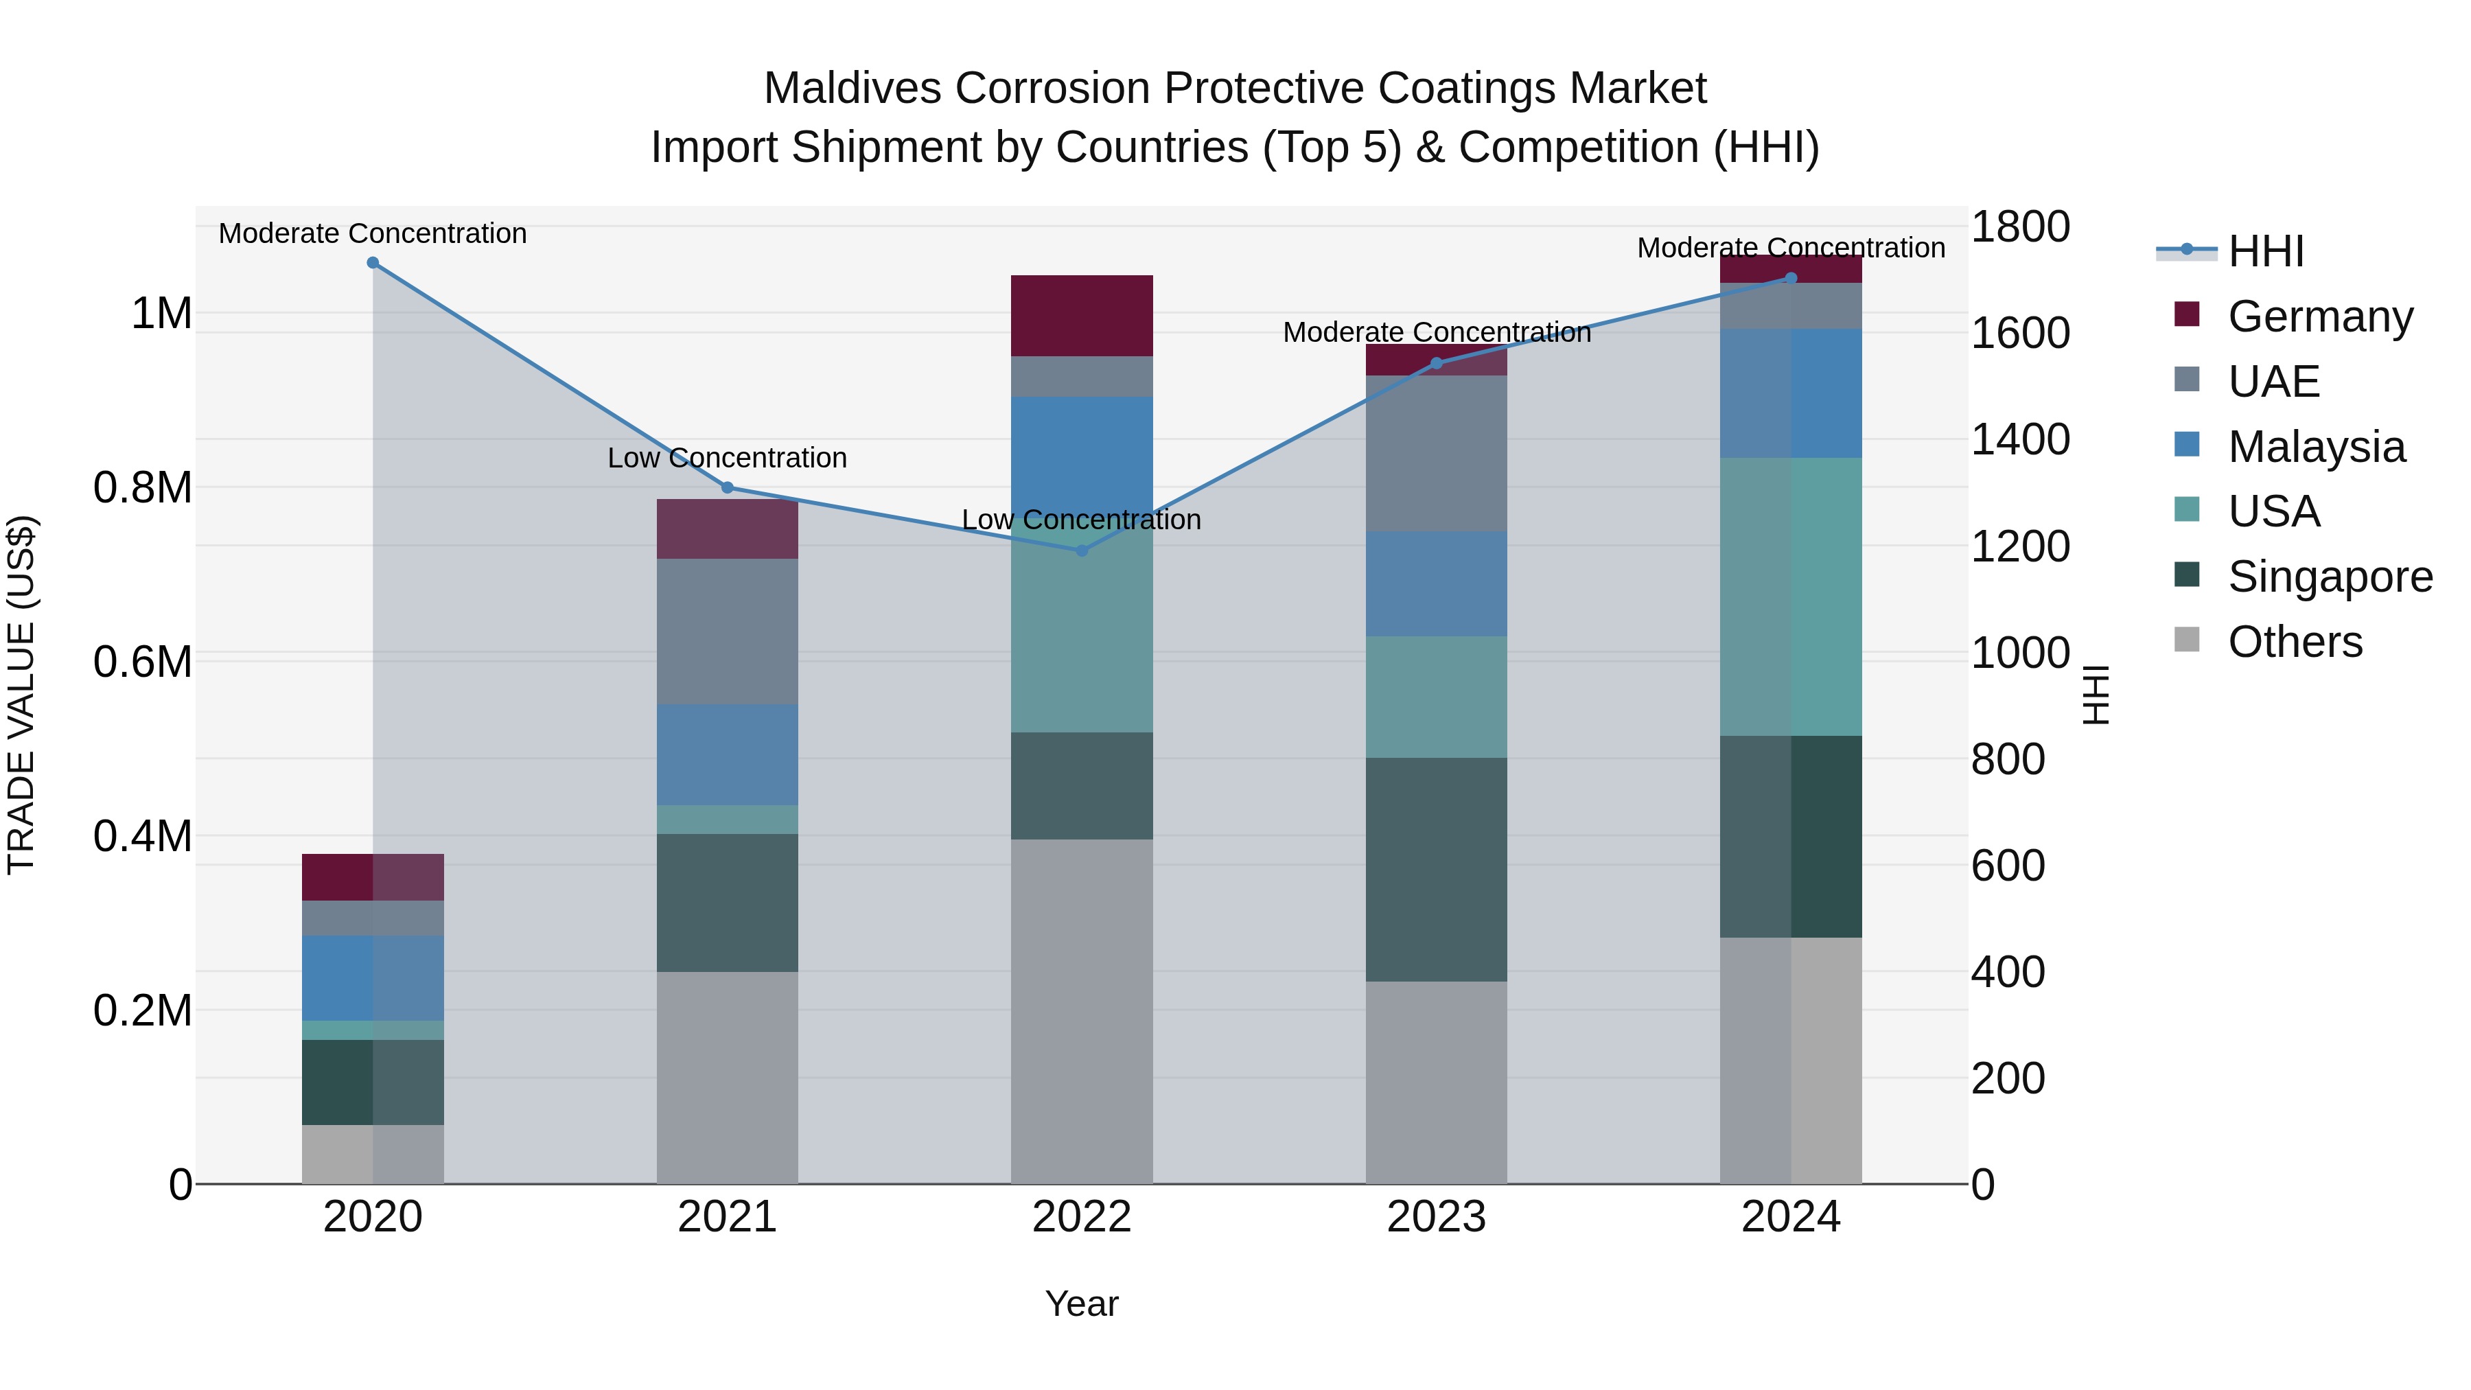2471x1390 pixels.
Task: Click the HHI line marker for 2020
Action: click(x=373, y=263)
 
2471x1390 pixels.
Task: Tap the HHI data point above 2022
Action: click(x=1082, y=551)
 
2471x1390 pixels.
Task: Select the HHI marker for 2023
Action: click(x=1436, y=364)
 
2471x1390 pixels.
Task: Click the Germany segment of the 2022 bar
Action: click(x=1082, y=316)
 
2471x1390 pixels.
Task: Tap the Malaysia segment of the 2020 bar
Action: click(x=373, y=977)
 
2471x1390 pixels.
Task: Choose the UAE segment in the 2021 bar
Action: click(x=727, y=632)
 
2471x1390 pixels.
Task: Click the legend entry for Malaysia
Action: click(x=2316, y=447)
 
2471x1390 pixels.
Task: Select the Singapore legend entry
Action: click(x=2329, y=577)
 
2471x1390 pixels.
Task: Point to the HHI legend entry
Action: click(x=2265, y=251)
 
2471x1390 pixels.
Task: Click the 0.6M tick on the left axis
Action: click(x=143, y=662)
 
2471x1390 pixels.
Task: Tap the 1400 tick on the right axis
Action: click(x=2019, y=440)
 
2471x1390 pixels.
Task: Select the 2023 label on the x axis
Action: click(x=1436, y=1217)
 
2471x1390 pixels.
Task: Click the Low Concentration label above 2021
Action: click(x=727, y=458)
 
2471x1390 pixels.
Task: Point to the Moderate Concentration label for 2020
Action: click(x=373, y=233)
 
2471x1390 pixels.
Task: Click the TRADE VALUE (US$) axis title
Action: click(x=21, y=695)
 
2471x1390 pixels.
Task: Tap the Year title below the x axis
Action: click(x=1081, y=1304)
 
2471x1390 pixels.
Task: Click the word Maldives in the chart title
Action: click(x=852, y=89)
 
